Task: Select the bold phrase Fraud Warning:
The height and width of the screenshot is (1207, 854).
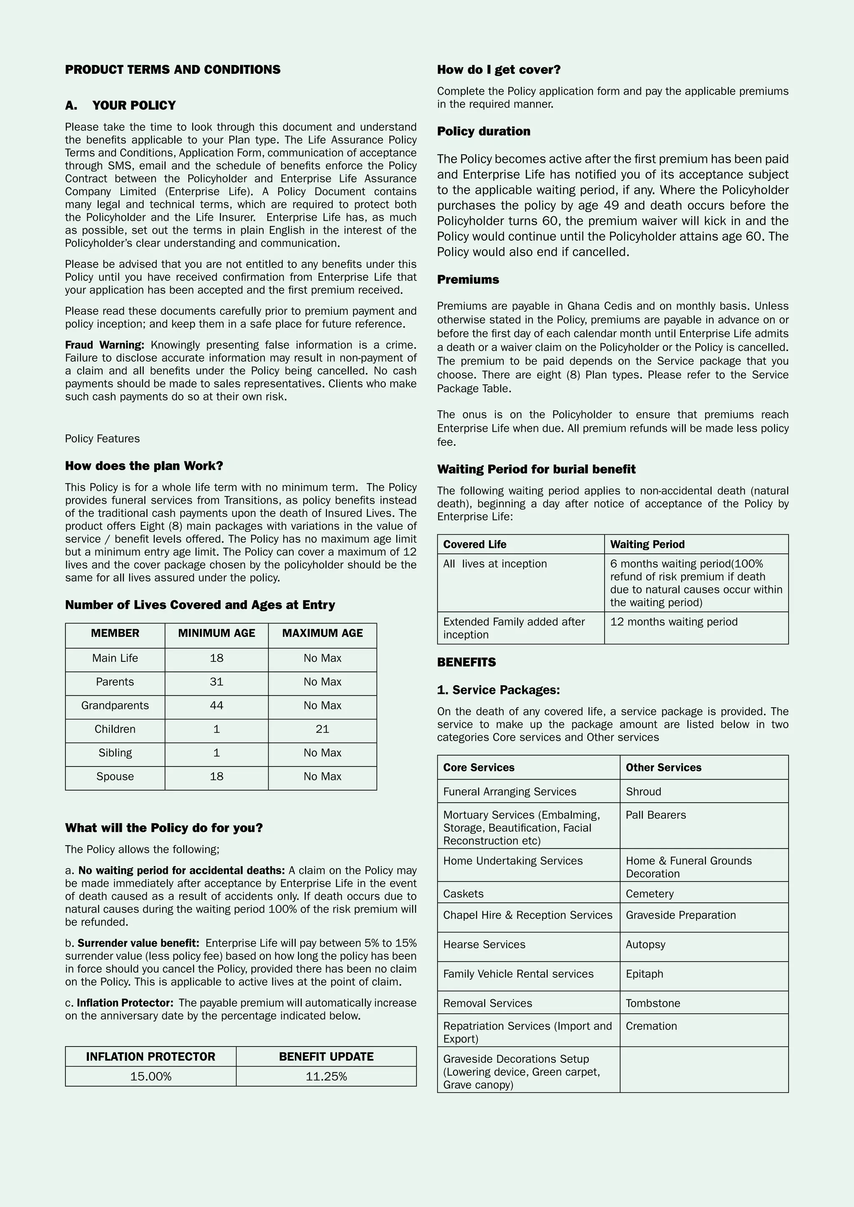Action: pos(104,345)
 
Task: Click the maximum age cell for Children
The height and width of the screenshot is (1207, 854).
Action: pos(322,729)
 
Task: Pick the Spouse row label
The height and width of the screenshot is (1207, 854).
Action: pos(115,776)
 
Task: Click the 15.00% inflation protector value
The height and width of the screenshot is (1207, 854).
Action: pos(151,1077)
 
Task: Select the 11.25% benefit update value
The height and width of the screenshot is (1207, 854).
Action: pos(326,1077)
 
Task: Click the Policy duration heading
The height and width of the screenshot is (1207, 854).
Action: pos(483,131)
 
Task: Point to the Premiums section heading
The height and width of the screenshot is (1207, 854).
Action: pos(467,280)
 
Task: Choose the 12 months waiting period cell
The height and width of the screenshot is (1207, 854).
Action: pos(673,622)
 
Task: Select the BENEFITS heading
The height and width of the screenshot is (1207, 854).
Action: pos(466,662)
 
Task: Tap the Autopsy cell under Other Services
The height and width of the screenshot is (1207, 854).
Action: pos(645,945)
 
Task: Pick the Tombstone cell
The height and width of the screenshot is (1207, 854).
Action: pos(653,1004)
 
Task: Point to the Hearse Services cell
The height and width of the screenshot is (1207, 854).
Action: pos(484,945)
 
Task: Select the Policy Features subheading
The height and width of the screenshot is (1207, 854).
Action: pos(102,439)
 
